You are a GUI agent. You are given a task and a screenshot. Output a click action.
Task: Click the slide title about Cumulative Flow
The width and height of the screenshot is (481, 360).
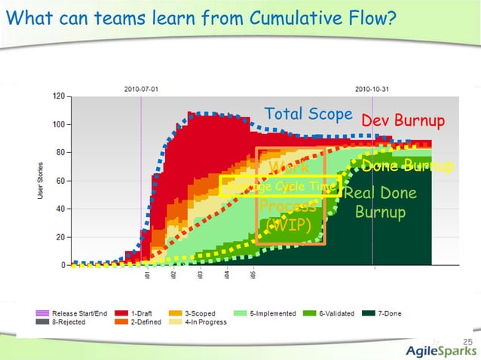(x=200, y=17)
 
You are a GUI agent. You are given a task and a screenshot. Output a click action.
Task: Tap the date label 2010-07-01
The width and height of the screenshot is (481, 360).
(x=141, y=88)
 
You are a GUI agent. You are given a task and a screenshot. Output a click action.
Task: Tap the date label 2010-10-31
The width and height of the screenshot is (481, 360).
(x=372, y=88)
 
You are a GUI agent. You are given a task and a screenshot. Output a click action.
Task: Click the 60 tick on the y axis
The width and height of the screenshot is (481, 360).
(x=60, y=181)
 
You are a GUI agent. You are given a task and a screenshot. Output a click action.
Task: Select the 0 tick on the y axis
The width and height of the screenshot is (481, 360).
(x=62, y=265)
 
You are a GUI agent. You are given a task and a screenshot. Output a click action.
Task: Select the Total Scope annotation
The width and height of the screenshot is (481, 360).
(x=308, y=114)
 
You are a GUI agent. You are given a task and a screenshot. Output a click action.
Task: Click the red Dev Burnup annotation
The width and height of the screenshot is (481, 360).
(x=403, y=121)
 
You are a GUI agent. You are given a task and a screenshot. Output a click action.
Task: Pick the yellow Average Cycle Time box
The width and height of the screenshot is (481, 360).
(x=280, y=186)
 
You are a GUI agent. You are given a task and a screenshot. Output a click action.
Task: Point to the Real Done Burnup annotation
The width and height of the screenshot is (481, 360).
(x=380, y=203)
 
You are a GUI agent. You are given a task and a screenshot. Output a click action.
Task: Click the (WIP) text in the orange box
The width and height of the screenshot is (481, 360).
(x=290, y=225)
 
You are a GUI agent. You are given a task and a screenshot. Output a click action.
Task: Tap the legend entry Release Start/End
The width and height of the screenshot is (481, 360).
(x=75, y=312)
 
